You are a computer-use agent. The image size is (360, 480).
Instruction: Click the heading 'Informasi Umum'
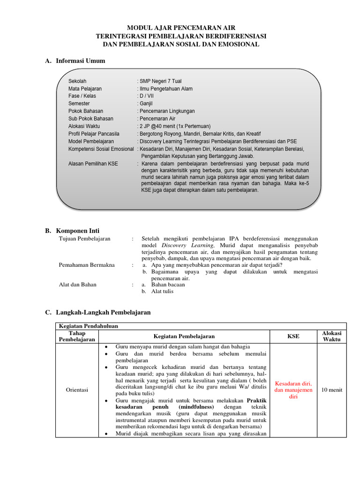80,61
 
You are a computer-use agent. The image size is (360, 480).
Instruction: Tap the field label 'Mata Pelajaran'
85,88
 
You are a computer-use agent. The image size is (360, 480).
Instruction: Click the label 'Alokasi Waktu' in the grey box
84,126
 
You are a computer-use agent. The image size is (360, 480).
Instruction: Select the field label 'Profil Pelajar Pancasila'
94,134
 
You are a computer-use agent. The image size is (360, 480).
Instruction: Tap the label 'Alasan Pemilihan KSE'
93,164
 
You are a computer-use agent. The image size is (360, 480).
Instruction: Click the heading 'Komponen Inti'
78,231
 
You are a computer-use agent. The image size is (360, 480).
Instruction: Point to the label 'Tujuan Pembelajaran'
84,239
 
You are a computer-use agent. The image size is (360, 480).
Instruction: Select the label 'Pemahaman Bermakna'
87,265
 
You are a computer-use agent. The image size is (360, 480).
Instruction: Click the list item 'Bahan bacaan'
168,285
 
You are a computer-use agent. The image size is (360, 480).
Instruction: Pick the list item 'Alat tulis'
162,291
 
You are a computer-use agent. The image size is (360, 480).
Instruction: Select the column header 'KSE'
293,336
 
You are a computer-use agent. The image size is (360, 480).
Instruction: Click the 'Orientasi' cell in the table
77,390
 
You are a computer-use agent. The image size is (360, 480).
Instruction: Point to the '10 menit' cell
331,390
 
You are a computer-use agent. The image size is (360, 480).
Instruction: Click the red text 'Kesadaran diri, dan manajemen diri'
293,390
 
